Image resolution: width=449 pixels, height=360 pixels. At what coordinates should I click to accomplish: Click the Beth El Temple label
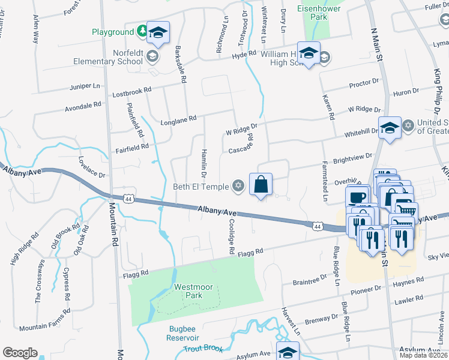tap(201, 187)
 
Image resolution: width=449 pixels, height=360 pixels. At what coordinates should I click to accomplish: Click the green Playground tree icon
tap(142, 31)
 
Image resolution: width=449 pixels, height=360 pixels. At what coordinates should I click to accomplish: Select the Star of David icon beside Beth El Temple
tap(238, 187)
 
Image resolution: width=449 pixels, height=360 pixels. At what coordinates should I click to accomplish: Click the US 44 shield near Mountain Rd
tap(128, 197)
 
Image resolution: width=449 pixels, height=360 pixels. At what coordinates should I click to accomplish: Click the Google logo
tap(20, 353)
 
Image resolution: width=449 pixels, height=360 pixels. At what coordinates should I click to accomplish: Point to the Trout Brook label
tap(203, 349)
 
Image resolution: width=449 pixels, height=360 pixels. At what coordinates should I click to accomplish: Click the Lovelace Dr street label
tap(92, 168)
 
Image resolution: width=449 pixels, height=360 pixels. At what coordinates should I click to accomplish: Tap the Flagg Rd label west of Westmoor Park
tap(136, 273)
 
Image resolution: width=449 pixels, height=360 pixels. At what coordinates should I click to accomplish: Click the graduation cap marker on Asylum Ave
tap(288, 350)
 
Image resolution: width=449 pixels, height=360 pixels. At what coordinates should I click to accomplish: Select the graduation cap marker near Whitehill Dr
tap(390, 128)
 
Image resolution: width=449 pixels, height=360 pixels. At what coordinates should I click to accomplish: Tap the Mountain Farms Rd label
tap(45, 328)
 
